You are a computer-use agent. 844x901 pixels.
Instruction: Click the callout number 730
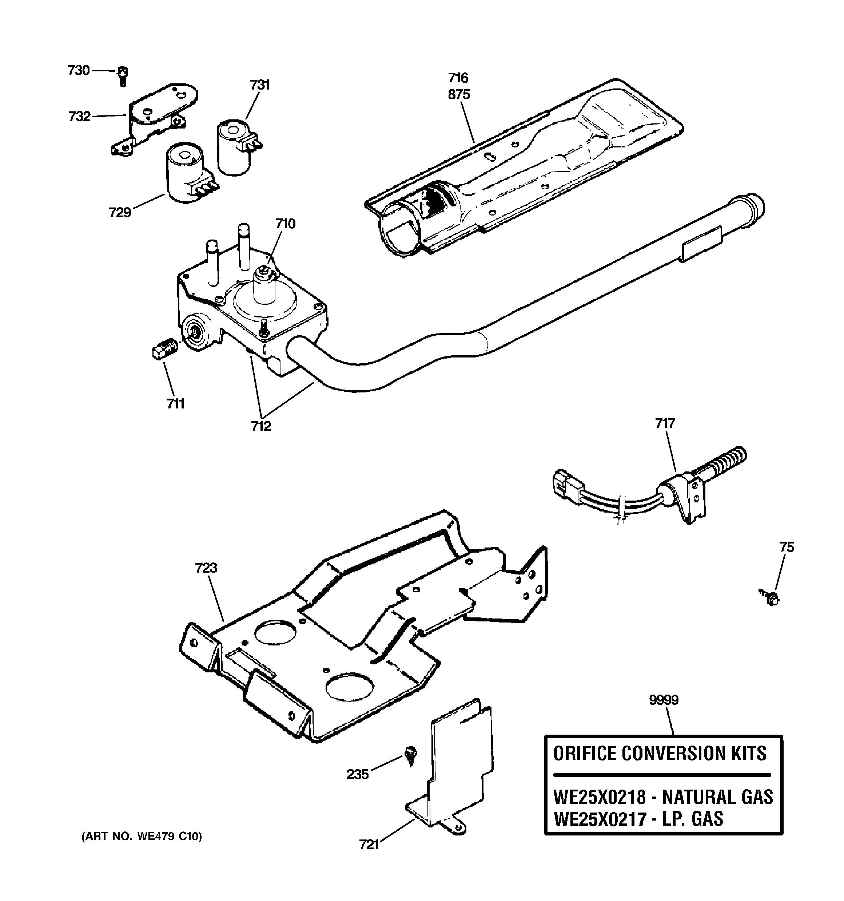click(78, 71)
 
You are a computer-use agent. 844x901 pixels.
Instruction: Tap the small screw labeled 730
click(122, 76)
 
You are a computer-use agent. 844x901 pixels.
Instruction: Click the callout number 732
click(80, 117)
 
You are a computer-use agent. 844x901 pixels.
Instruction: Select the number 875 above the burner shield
click(459, 95)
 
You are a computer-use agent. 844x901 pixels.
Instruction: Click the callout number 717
click(665, 423)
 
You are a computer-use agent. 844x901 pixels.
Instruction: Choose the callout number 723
click(206, 568)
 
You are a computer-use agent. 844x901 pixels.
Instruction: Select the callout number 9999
click(663, 700)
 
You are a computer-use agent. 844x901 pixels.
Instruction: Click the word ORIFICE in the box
click(584, 754)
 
